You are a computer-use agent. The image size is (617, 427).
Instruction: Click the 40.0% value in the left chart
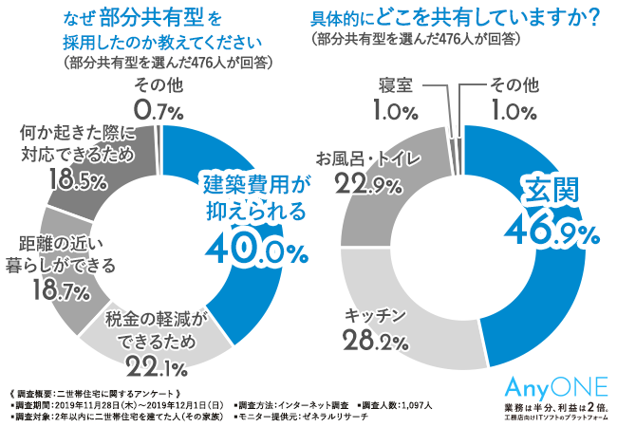coord(255,251)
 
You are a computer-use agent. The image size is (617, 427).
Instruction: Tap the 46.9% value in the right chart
coord(555,228)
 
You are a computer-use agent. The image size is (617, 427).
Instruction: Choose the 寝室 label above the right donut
coord(394,84)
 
